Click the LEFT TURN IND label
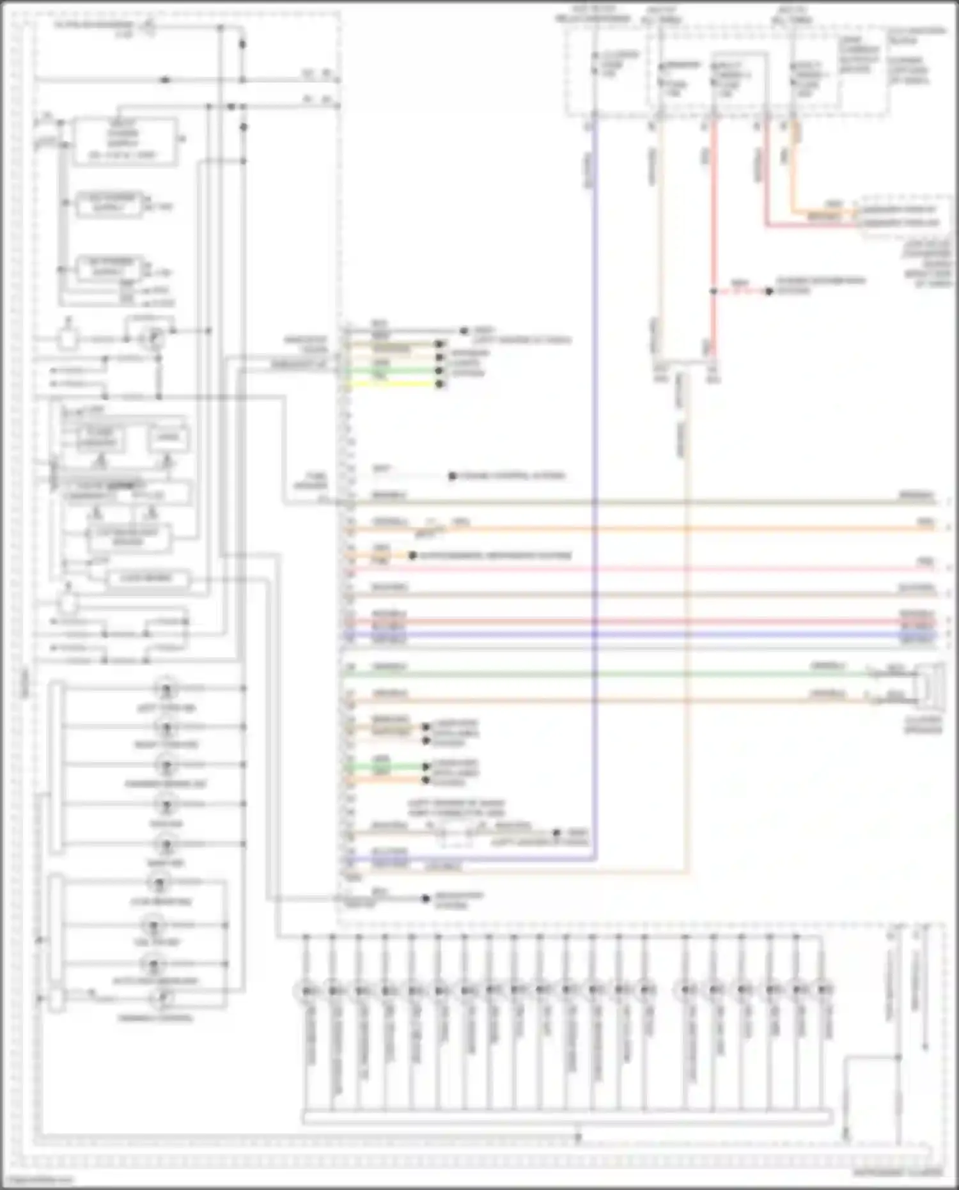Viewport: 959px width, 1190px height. (x=166, y=708)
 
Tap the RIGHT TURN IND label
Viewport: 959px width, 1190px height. (x=166, y=745)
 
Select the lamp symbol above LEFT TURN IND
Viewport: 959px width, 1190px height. (x=166, y=689)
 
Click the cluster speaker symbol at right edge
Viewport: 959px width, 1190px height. (x=932, y=685)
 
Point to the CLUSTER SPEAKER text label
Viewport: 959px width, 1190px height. (x=923, y=724)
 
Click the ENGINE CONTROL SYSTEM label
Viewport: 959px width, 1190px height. (x=511, y=476)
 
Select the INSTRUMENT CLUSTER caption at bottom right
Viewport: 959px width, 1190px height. (x=898, y=1173)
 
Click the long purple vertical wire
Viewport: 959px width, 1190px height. (x=595, y=448)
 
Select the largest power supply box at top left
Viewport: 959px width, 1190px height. (x=124, y=141)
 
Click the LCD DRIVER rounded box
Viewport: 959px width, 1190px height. (x=147, y=578)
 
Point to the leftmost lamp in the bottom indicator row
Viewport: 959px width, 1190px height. (x=307, y=990)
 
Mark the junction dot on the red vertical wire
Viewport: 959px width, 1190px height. (x=713, y=292)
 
